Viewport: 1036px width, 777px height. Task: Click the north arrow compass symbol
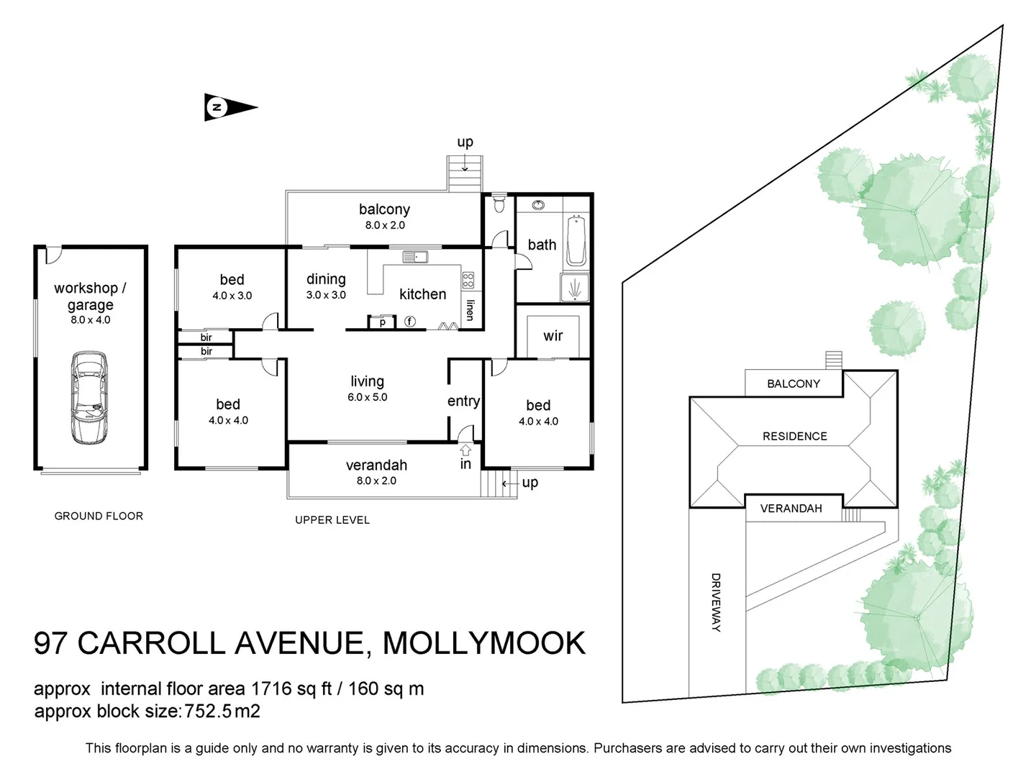tap(230, 108)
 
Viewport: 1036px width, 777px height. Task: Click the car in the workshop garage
tap(90, 397)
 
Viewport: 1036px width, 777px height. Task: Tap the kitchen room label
tap(422, 294)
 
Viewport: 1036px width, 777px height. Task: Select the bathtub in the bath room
tap(576, 241)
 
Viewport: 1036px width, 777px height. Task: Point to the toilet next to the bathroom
tap(499, 205)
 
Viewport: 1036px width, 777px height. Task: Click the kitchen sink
tap(415, 256)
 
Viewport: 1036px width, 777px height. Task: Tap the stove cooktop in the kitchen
tap(468, 280)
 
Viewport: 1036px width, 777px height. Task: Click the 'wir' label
tap(553, 335)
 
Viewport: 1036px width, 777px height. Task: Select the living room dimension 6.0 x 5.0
tap(367, 397)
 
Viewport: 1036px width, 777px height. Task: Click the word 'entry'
tap(463, 401)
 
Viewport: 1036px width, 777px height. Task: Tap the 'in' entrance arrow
tap(465, 451)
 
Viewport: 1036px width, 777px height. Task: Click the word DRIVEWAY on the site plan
tap(716, 602)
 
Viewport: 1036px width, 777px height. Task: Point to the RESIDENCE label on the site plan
tap(794, 436)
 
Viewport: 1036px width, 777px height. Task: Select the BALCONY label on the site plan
tap(793, 383)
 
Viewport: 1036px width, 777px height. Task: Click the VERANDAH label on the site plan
tap(791, 508)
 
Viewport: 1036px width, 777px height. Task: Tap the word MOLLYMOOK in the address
tap(483, 642)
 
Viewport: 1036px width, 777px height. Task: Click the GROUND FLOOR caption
tap(99, 516)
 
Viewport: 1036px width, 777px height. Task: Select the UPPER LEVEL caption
tap(332, 519)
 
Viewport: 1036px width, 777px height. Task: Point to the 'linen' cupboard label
tap(470, 310)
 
